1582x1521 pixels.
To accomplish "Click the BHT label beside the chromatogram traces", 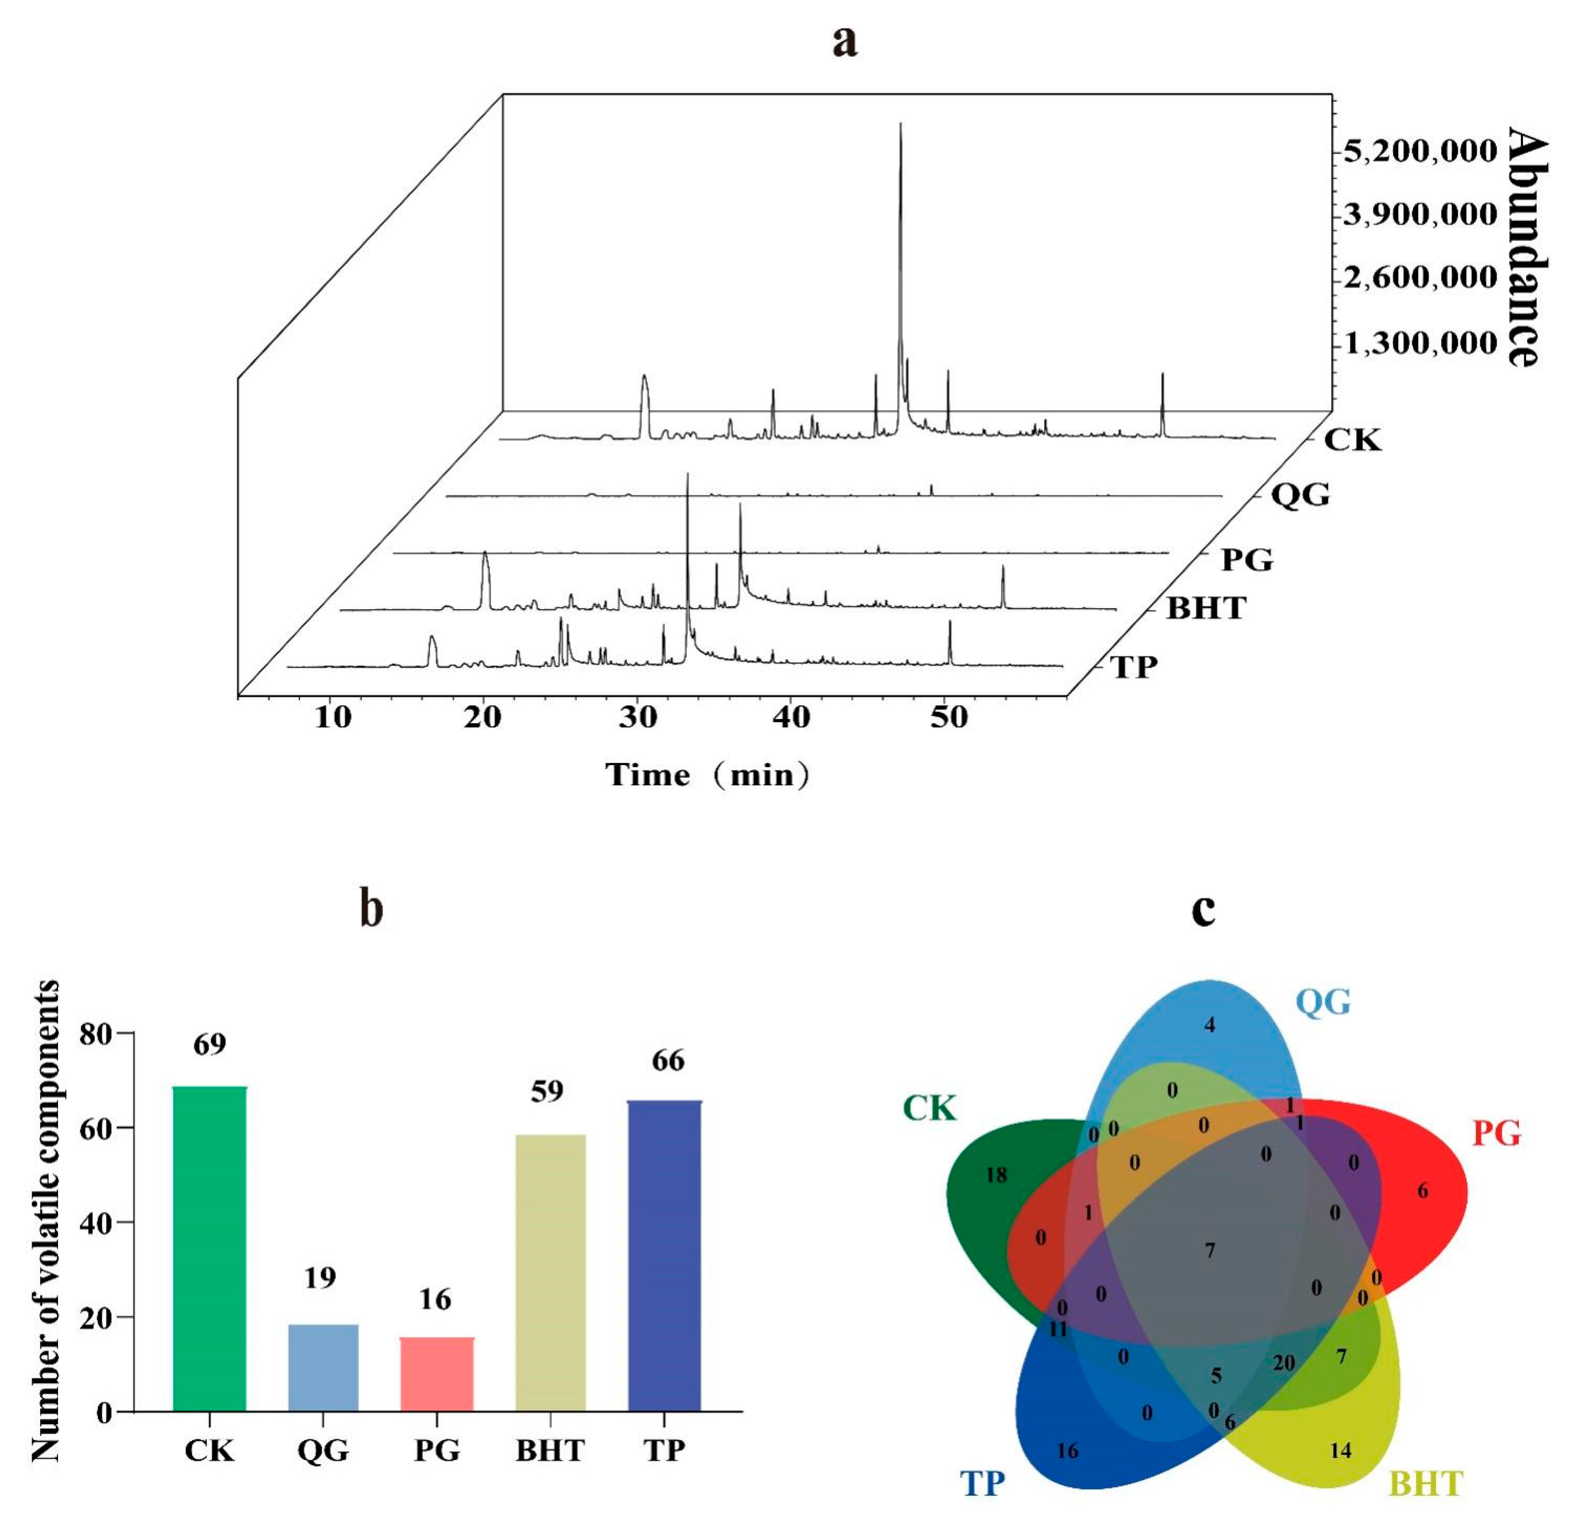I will (x=1206, y=608).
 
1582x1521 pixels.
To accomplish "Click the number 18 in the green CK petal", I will (x=996, y=1175).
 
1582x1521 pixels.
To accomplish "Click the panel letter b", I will (x=371, y=910).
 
